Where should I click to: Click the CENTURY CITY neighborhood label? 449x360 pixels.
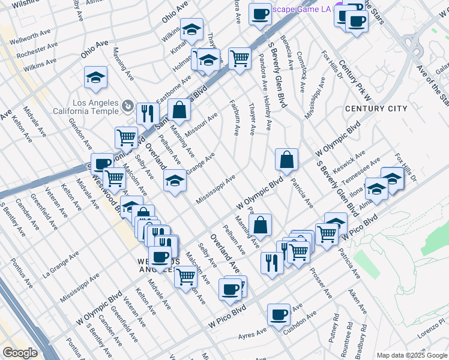click(376, 109)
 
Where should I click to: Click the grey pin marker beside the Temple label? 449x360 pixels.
click(128, 107)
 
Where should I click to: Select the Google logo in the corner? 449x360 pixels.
click(20, 353)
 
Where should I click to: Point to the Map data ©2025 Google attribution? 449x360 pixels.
click(412, 355)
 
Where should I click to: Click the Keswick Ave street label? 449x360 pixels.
click(349, 162)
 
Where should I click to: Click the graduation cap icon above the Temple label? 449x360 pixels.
click(95, 76)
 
